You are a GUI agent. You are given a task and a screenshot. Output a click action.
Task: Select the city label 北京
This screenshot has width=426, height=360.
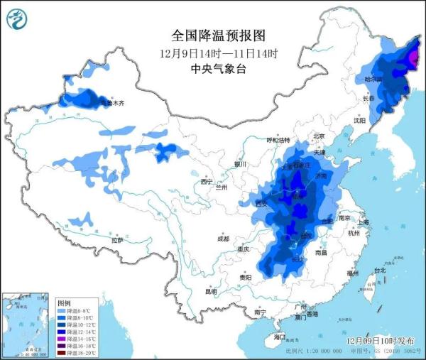click(x=319, y=136)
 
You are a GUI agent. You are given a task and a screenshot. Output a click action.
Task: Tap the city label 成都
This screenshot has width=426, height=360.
click(x=223, y=238)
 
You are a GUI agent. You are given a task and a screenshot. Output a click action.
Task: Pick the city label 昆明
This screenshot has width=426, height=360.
click(x=211, y=291)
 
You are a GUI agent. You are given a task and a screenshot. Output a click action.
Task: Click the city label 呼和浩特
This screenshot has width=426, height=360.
click(x=279, y=140)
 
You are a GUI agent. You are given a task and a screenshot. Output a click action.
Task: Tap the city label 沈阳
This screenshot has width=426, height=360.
click(x=360, y=121)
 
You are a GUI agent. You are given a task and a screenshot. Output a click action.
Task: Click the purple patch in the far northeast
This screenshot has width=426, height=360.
click(x=415, y=55)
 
